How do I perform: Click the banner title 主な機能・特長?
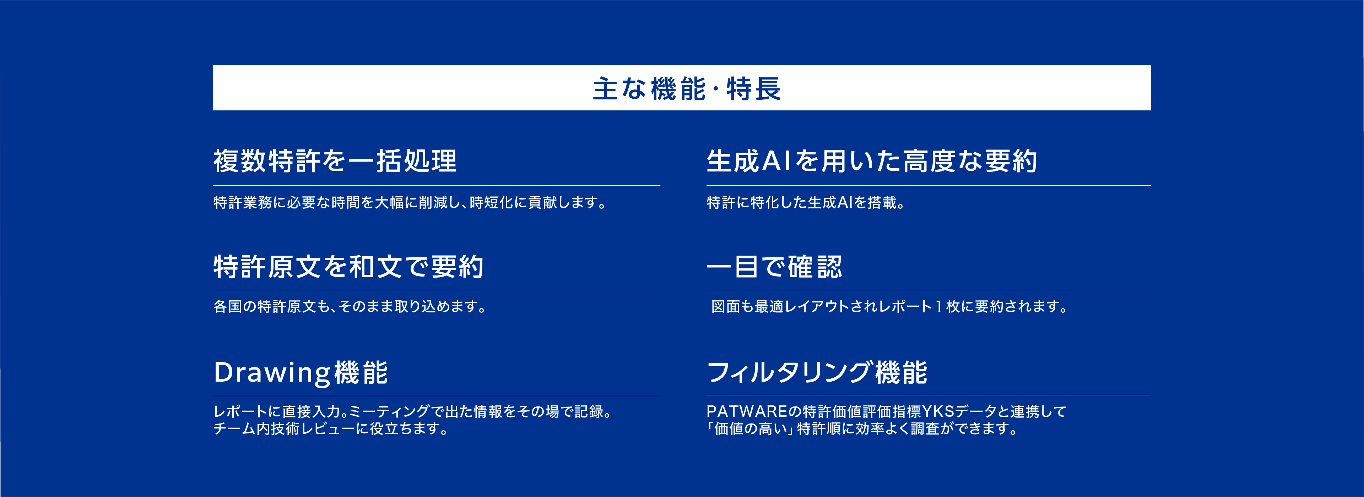pos(687,88)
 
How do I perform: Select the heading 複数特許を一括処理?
pos(335,161)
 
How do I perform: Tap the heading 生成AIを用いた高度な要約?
pos(872,161)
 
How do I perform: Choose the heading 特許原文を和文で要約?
pos(348,266)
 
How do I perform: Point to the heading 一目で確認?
pos(774,266)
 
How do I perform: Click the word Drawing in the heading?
pos(272,373)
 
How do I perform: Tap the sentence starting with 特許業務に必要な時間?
pos(410,202)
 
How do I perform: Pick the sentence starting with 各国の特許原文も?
pos(350,306)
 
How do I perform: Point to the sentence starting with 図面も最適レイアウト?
pos(889,306)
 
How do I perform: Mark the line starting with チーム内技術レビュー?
pos(331,428)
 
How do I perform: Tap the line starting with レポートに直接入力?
pos(412,411)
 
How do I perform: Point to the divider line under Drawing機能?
pos(437,396)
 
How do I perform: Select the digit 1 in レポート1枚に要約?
pos(939,306)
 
